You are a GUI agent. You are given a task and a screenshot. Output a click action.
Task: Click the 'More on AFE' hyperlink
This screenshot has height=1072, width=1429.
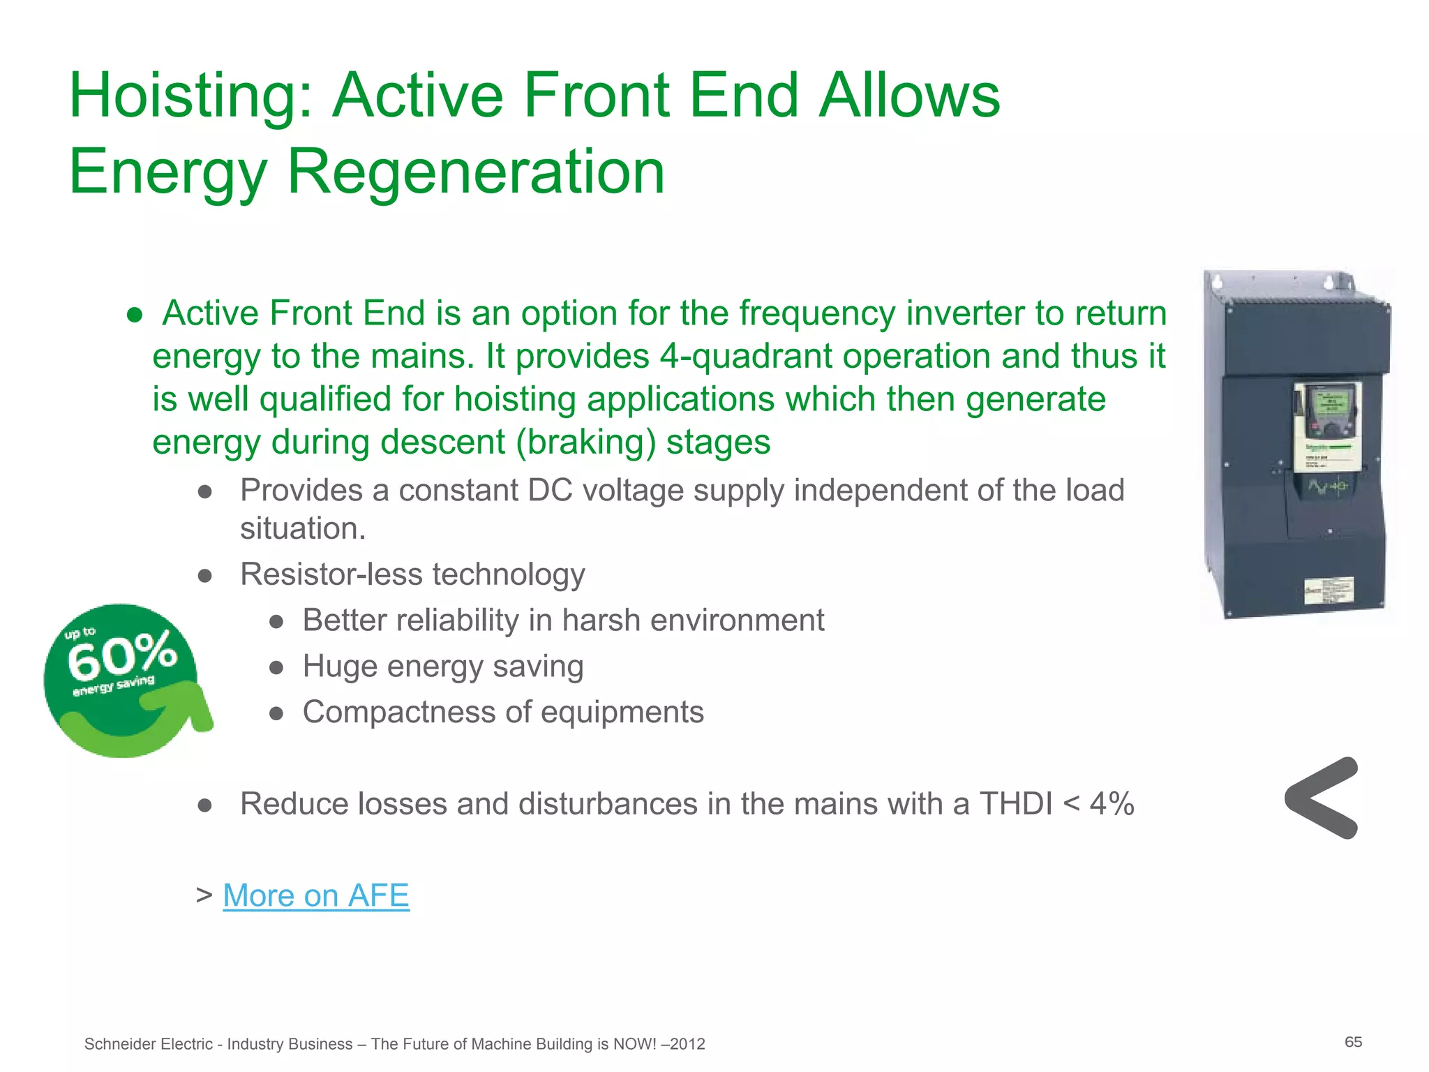click(315, 895)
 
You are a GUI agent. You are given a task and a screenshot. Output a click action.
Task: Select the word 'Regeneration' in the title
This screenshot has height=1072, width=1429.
click(476, 172)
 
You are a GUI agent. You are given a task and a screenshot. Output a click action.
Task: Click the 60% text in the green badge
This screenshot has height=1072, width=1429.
click(122, 654)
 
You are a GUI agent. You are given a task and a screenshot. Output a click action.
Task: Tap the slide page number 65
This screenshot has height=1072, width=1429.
click(1353, 1042)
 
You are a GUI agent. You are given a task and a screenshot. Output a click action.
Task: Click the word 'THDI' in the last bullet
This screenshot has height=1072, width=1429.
click(1016, 804)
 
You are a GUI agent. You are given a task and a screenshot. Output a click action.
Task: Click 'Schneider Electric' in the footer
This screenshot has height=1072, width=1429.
click(148, 1044)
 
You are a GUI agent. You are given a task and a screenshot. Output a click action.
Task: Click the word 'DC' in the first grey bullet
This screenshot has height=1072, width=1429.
click(550, 490)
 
